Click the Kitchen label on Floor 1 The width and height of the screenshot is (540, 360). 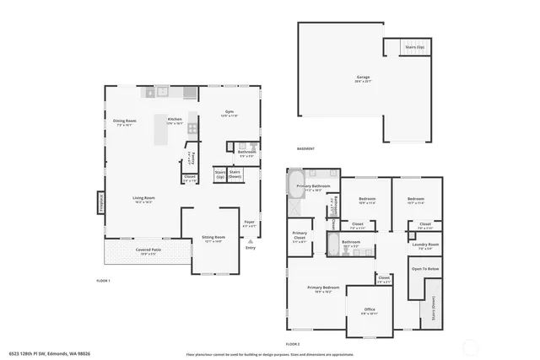click(175, 121)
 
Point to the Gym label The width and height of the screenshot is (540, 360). click(229, 114)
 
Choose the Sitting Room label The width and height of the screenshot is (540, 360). click(213, 239)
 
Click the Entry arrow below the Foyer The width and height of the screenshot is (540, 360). click(250, 241)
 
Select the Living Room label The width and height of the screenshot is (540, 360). click(143, 200)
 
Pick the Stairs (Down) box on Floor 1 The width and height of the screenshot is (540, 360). click(235, 175)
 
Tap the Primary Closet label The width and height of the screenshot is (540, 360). click(300, 237)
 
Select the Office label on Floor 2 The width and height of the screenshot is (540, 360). click(370, 310)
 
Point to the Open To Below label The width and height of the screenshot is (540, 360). click(425, 269)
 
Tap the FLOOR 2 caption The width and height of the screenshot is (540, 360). click(292, 344)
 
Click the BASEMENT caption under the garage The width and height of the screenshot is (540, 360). click(305, 148)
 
